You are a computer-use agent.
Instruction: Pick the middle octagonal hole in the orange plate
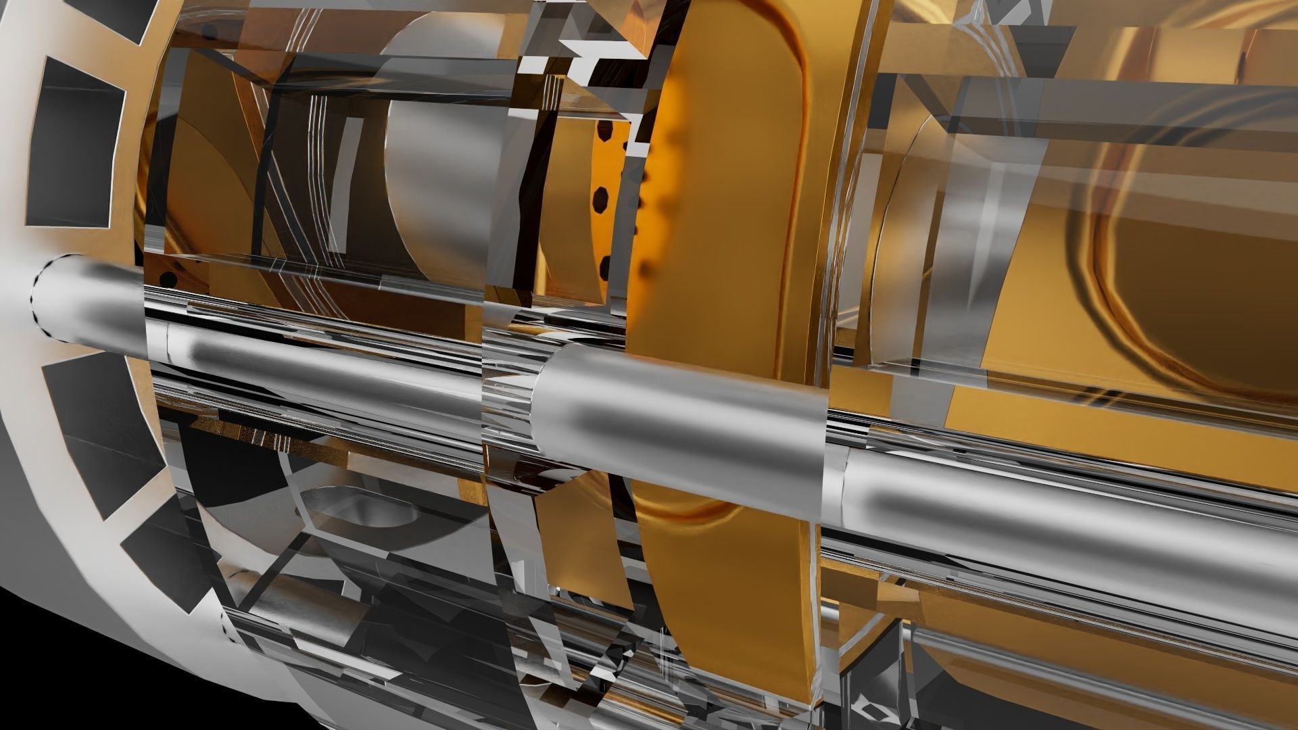[600, 199]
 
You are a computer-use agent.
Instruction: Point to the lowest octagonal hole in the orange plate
[604, 268]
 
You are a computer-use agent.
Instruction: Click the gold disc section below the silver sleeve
[730, 595]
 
